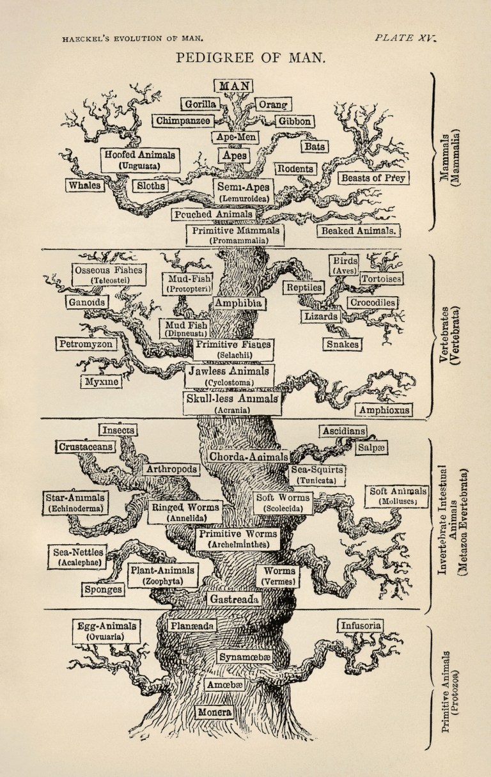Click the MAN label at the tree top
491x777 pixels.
pyautogui.click(x=233, y=85)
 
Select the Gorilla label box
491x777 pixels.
pyautogui.click(x=199, y=104)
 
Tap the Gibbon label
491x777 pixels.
pyautogui.click(x=294, y=121)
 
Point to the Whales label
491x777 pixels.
pyautogui.click(x=84, y=185)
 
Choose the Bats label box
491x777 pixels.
pyautogui.click(x=314, y=146)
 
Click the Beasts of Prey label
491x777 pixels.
pyautogui.click(x=374, y=178)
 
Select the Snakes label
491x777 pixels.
pyautogui.click(x=342, y=344)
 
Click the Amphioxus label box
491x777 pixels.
pyautogui.click(x=384, y=409)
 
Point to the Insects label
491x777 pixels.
pyautogui.click(x=117, y=430)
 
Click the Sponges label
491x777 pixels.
pyautogui.click(x=103, y=590)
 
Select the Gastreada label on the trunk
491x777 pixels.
pyautogui.click(x=233, y=599)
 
